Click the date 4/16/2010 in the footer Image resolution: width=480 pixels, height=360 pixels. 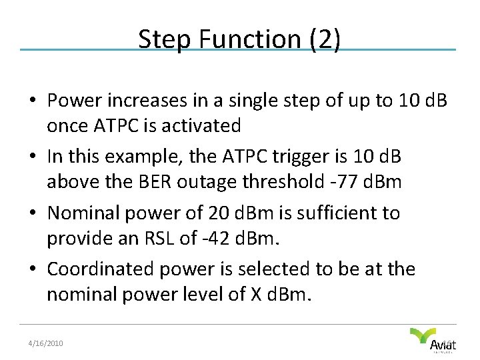pyautogui.click(x=45, y=343)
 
